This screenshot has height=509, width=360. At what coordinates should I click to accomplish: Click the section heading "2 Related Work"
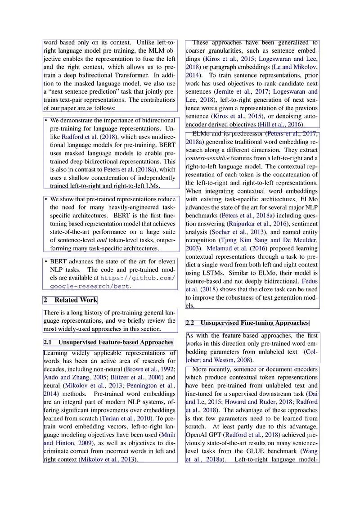click(70, 300)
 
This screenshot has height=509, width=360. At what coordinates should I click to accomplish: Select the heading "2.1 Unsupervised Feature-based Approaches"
click(108, 342)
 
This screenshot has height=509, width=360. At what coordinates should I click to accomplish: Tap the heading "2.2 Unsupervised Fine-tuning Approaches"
click(247, 323)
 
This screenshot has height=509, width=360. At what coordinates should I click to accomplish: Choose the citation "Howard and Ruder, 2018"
click(254, 402)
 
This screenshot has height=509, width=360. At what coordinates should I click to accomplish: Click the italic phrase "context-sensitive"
click(207, 158)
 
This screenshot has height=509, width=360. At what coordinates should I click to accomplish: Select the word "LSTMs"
click(213, 273)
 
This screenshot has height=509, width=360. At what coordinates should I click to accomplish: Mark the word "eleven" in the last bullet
click(165, 261)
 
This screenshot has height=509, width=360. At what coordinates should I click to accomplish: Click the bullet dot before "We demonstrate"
click(46, 121)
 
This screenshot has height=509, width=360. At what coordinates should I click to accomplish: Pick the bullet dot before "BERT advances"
click(46, 261)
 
